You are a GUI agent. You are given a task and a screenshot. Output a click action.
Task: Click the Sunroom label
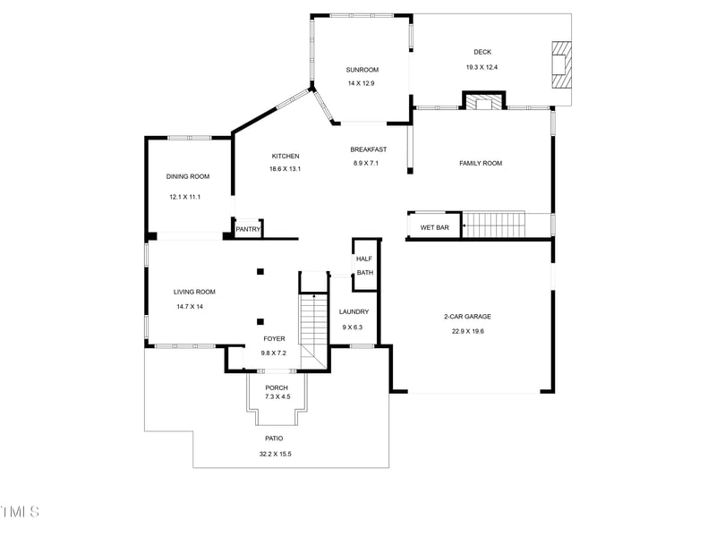[x=362, y=70]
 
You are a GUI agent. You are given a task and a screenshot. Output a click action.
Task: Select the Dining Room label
[x=188, y=176]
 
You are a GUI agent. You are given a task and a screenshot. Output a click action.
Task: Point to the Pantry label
[x=248, y=230]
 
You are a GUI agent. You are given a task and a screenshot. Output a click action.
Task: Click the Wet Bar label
[x=434, y=227]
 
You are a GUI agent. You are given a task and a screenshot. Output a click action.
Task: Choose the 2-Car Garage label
[x=467, y=316]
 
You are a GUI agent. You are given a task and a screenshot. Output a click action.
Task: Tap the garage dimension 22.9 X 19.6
[x=467, y=331]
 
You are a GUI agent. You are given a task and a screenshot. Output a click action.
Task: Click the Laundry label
[x=354, y=311]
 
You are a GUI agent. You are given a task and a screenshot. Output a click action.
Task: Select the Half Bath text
[x=364, y=266]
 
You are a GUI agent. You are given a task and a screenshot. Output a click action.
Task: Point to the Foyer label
[x=274, y=339]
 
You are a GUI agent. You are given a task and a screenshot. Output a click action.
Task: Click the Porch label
[x=277, y=387]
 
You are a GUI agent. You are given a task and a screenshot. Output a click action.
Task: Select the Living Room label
[x=194, y=292]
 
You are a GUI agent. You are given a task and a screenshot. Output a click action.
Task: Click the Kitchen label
[x=286, y=157]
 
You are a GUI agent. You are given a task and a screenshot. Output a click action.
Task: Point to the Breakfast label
[x=368, y=149]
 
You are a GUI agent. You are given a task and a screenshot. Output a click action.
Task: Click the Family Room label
[x=481, y=163]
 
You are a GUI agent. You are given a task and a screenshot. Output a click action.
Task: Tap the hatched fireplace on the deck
[x=560, y=64]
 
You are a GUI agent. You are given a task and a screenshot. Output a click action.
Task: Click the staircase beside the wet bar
[x=493, y=225]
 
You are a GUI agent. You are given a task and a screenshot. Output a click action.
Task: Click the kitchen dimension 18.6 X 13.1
[x=286, y=169]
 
